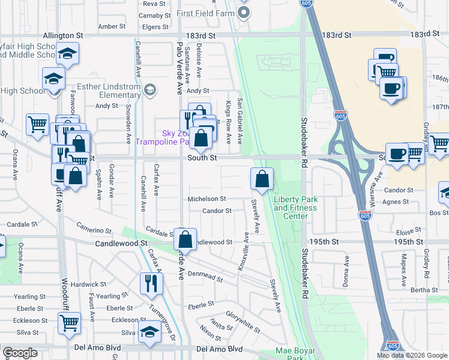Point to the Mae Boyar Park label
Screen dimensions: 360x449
[x=291, y=354]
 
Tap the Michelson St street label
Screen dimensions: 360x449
[x=206, y=199]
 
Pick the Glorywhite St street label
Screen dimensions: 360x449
[x=243, y=322]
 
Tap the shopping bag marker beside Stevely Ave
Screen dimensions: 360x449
[x=262, y=178]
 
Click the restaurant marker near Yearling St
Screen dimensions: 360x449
[x=151, y=283]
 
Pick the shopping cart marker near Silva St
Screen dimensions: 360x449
[x=69, y=323]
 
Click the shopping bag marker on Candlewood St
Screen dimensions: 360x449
[x=186, y=238]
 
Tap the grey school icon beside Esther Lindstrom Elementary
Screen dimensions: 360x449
[x=150, y=90]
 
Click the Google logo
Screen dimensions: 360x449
[x=20, y=353]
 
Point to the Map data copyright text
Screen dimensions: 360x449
[x=411, y=355]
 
